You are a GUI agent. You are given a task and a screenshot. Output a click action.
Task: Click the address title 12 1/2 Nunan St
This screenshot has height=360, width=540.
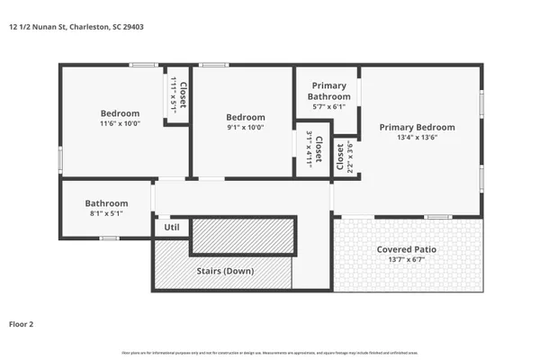tap(76, 27)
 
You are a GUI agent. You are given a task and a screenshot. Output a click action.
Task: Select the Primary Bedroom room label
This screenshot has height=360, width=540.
tap(417, 128)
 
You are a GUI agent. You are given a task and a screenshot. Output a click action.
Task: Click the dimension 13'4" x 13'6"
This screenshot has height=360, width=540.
tap(417, 139)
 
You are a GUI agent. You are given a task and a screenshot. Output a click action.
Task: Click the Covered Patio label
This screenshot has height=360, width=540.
tap(408, 248)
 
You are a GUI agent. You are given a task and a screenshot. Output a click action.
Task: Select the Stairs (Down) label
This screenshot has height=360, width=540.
tap(225, 271)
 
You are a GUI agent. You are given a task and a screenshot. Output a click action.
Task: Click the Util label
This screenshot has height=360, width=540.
tap(171, 228)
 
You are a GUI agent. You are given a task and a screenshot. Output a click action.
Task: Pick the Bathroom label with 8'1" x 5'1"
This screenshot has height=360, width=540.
tap(106, 203)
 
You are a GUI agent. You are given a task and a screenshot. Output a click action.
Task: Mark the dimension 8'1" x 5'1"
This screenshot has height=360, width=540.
tap(106, 214)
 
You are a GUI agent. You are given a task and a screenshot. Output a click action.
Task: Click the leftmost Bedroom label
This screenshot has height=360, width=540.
tap(120, 113)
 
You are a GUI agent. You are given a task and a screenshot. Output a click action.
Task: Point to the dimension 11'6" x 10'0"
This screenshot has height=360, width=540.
tap(120, 124)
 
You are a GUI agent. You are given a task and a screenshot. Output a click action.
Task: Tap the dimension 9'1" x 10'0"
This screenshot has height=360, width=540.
tap(245, 128)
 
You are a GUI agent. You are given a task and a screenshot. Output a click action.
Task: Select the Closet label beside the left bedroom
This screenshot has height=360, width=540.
tap(182, 95)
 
